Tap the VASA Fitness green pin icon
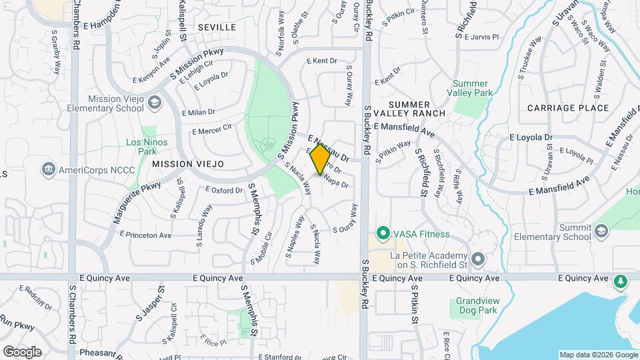point(383,234)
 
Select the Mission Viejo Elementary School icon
point(155,102)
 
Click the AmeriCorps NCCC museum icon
point(48,169)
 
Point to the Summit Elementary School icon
point(601,231)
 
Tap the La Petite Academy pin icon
point(477,259)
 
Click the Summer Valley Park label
point(472,88)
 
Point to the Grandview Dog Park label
point(477,305)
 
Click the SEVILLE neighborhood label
point(217,27)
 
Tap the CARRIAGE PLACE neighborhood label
point(567,108)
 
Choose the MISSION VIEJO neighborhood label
point(187,163)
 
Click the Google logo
point(22,351)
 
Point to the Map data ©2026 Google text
point(597,355)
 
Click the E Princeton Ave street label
point(145,235)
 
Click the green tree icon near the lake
point(621,281)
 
